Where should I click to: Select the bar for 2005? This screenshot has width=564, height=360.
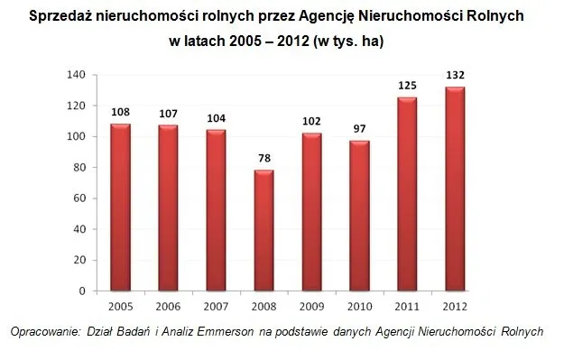[120, 208]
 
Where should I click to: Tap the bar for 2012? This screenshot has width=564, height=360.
[455, 189]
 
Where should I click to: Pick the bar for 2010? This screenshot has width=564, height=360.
[359, 217]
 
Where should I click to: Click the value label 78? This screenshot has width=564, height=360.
[264, 158]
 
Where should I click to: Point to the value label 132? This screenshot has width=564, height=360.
[455, 75]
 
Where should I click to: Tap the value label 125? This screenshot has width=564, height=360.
[407, 85]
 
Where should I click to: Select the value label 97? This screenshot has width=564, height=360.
[359, 129]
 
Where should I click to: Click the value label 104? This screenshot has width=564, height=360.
[216, 118]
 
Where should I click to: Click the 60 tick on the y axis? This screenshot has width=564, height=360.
[79, 198]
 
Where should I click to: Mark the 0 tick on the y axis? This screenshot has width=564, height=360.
[83, 291]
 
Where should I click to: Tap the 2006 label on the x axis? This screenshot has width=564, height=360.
[168, 307]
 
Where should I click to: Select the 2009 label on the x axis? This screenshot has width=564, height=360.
[311, 307]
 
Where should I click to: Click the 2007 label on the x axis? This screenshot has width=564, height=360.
[216, 307]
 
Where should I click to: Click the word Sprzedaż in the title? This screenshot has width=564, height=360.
[63, 16]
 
